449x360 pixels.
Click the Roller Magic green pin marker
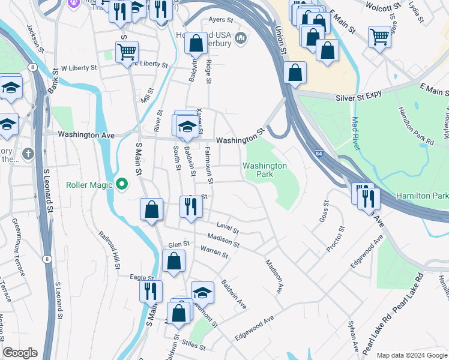[122, 184]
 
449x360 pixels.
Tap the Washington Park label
[265, 170]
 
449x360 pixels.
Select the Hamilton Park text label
[422, 196]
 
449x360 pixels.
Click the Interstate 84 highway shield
[319, 154]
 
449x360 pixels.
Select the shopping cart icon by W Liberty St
[127, 52]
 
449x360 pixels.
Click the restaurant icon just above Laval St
[191, 207]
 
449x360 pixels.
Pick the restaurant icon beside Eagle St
[150, 291]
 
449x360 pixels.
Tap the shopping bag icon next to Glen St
[173, 261]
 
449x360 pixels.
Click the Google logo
[20, 353]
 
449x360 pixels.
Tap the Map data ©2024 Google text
[411, 355]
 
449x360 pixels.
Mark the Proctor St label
[337, 238]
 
